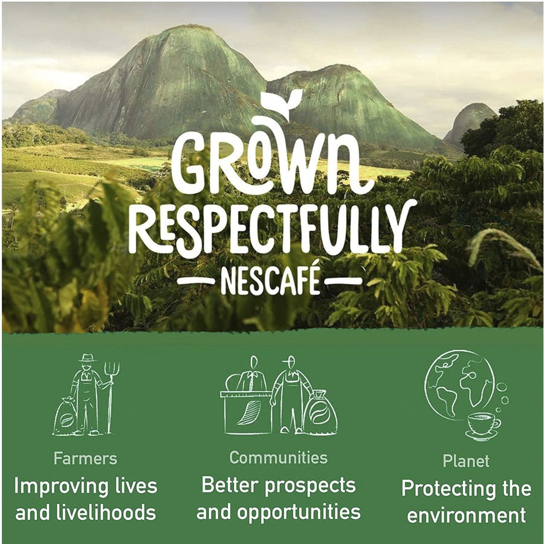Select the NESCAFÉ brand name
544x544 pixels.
pyautogui.click(x=270, y=281)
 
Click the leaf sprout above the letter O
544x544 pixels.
pyautogui.click(x=281, y=103)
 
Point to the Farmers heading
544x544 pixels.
pyautogui.click(x=85, y=459)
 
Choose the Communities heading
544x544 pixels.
pyautogui.click(x=279, y=458)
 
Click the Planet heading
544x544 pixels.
pyautogui.click(x=466, y=461)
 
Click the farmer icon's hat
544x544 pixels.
pyautogui.click(x=88, y=358)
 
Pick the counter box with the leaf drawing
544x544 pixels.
pyautogui.click(x=247, y=413)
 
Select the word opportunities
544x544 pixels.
pyautogui.click(x=299, y=513)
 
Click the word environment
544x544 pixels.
pyautogui.click(x=466, y=516)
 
